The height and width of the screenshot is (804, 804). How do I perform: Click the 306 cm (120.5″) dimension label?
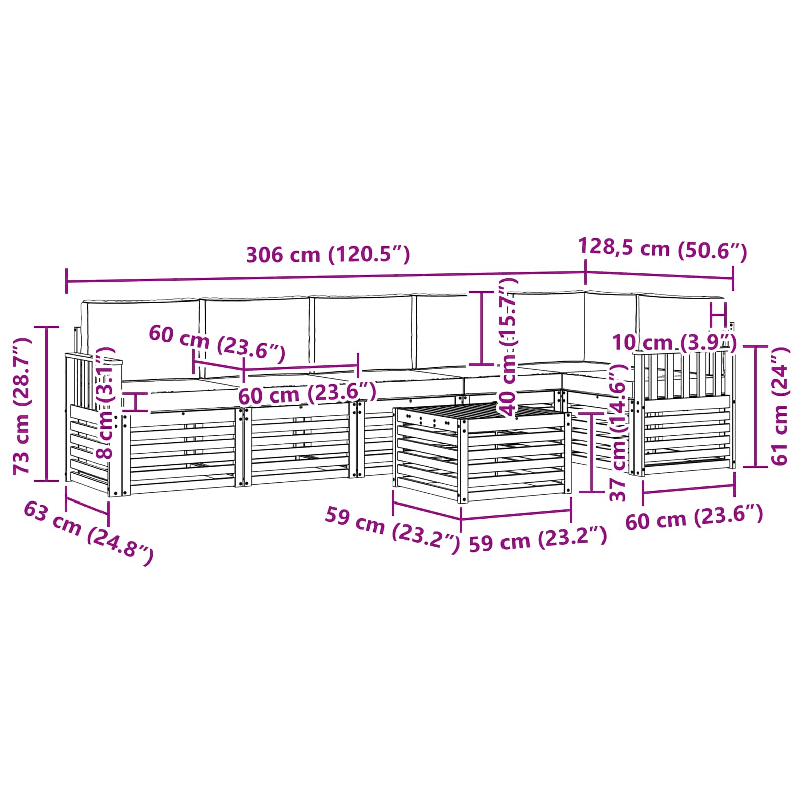pos(328,255)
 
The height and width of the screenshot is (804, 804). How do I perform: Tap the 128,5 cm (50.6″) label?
pos(662,248)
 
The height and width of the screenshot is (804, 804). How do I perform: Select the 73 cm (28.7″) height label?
pos(22,406)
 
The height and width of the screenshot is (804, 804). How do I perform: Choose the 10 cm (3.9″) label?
pos(673,343)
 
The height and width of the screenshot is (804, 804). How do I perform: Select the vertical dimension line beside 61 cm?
pos(756,406)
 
